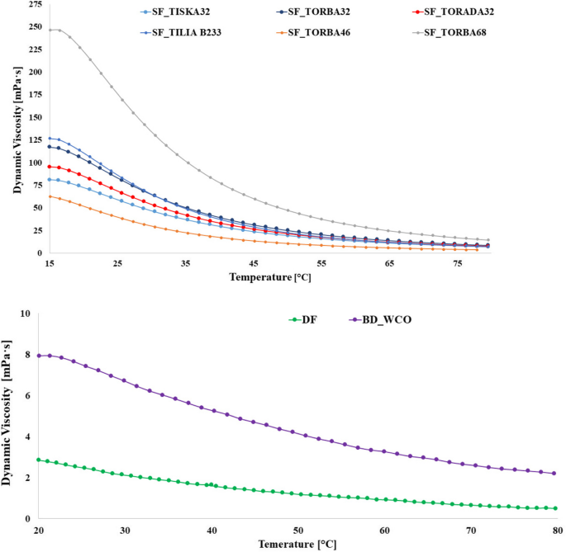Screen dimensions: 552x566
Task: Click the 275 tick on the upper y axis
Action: coord(35,5)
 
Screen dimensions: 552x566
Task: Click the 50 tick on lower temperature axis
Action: coord(297,530)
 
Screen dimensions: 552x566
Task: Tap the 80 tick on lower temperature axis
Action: coord(557,530)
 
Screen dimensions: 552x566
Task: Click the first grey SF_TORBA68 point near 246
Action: coord(50,30)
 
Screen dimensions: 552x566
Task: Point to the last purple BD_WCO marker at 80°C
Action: coord(554,474)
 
